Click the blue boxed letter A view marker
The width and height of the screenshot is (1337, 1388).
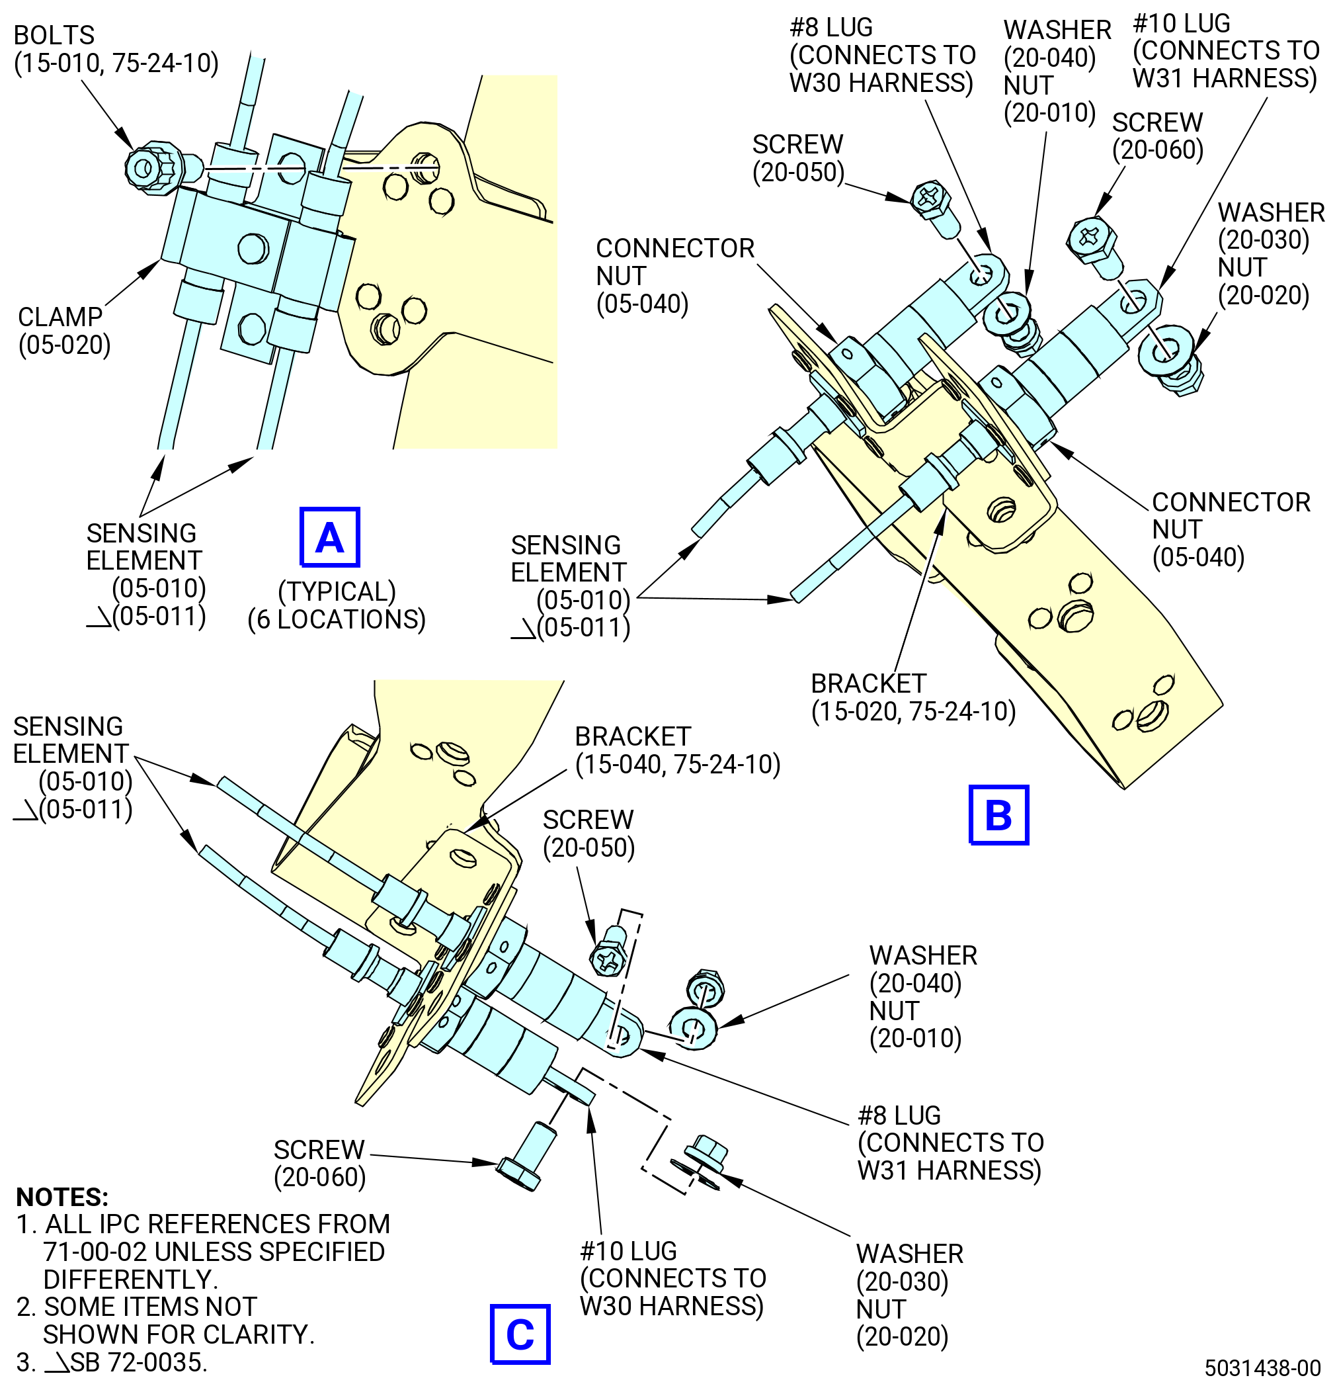point(330,537)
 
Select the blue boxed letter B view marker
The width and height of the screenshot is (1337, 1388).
point(998,814)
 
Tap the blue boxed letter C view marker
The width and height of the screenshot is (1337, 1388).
point(520,1334)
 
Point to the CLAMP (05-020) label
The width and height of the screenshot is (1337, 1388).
point(63,331)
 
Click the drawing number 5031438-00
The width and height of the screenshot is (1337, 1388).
point(1263,1367)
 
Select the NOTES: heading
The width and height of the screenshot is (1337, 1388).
point(62,1197)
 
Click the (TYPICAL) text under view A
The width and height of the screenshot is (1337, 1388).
point(337,591)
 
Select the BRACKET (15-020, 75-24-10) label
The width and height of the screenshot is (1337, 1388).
point(913,697)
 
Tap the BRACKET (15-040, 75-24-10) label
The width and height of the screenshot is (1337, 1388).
point(677,751)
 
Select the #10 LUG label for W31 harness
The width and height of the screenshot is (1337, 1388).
point(1226,51)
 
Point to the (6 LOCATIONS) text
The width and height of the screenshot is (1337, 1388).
point(337,619)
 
